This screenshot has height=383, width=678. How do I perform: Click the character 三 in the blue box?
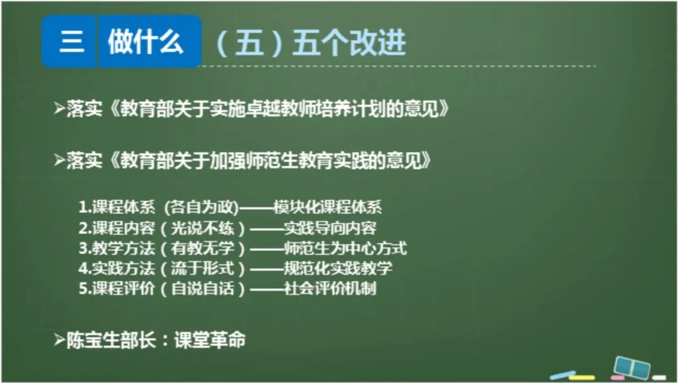click(71, 42)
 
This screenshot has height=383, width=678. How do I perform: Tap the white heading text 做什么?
click(146, 42)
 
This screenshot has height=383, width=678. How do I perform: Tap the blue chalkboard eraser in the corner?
click(631, 367)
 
